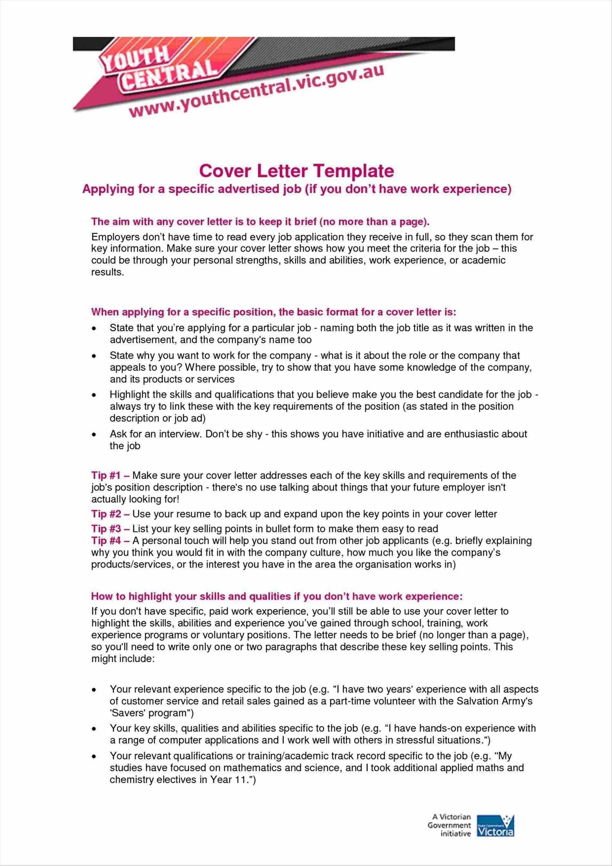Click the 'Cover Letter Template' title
[296, 171]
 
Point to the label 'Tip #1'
[106, 475]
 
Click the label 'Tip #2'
[106, 514]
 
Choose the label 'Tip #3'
[106, 529]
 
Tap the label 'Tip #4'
[106, 540]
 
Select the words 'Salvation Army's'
[494, 701]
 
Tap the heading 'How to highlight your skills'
[277, 596]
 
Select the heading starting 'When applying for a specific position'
[273, 312]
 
